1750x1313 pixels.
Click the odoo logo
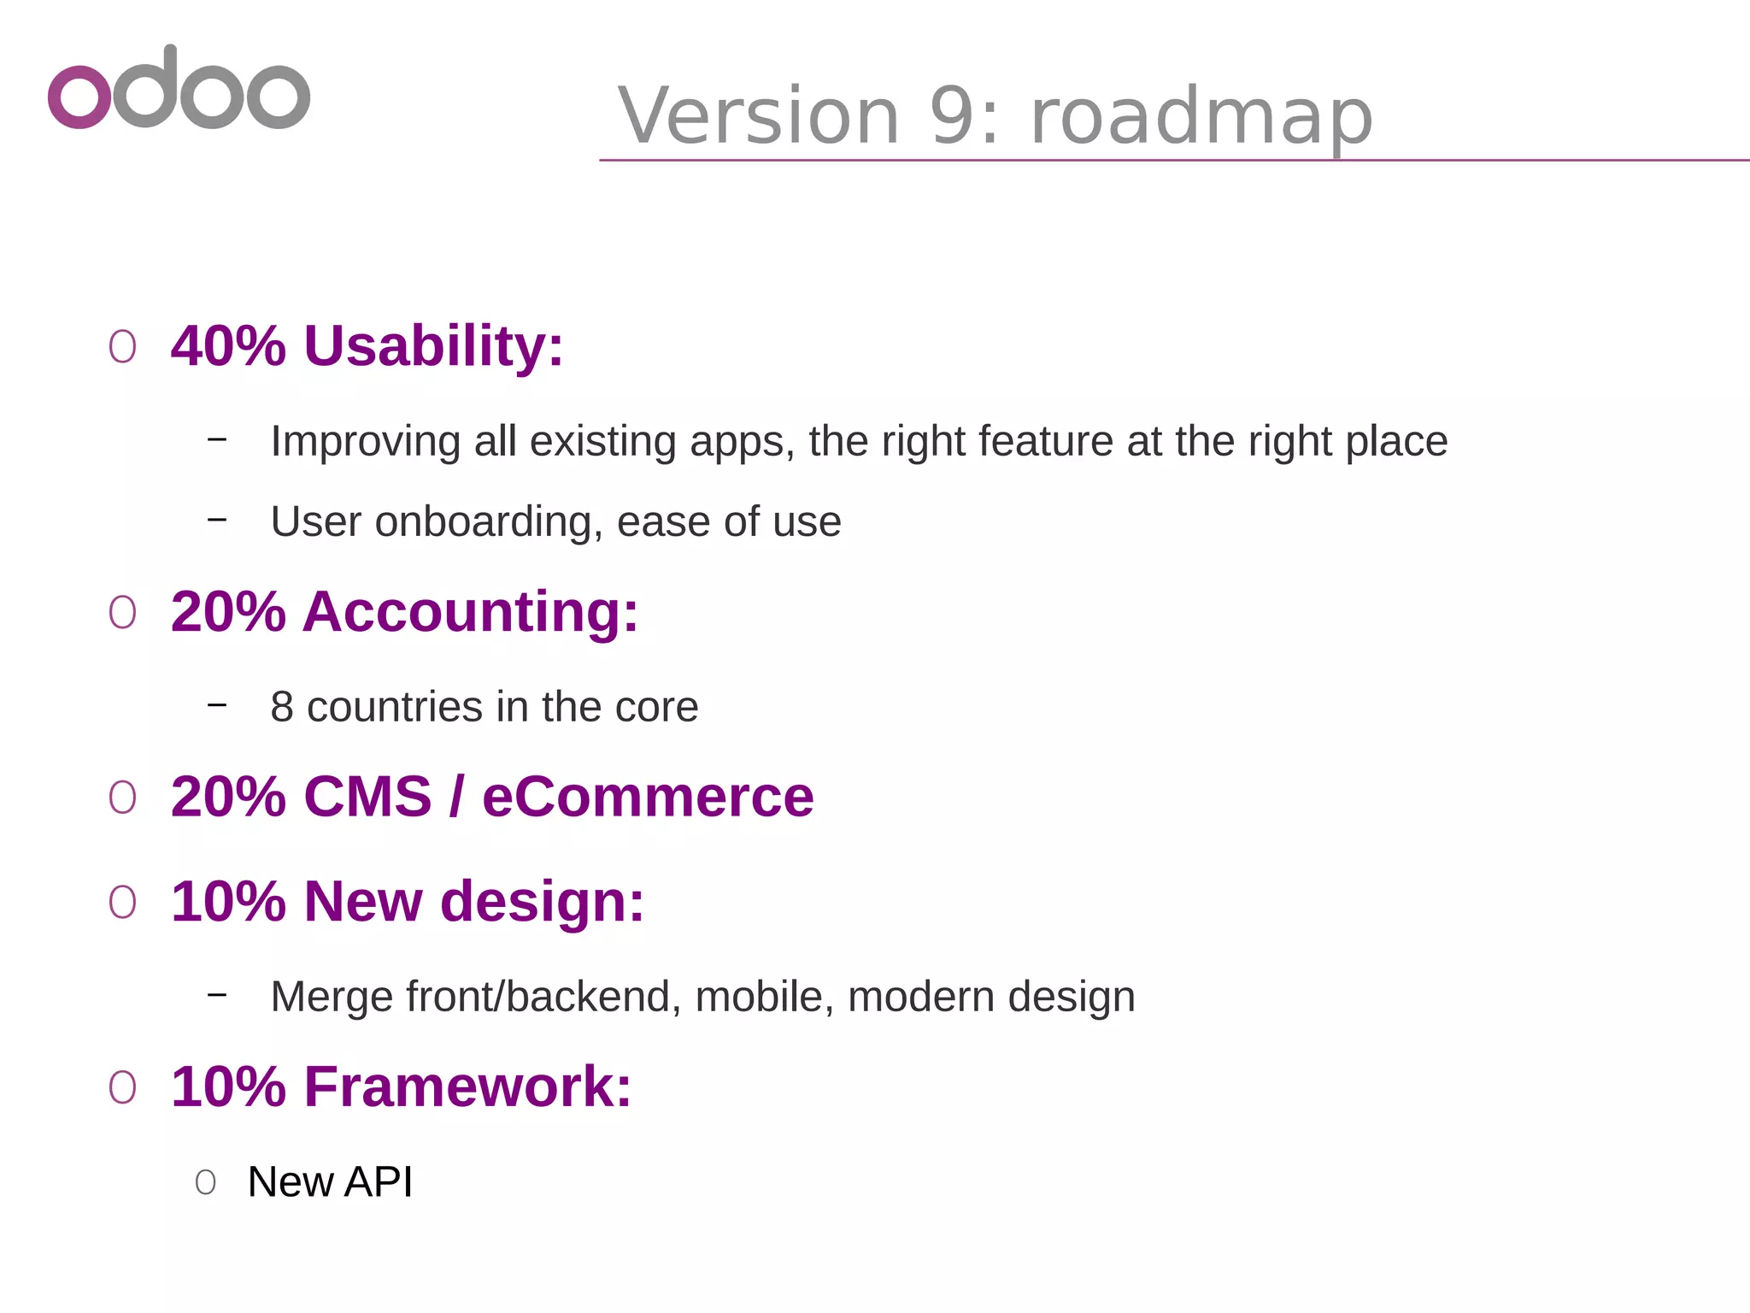point(179,88)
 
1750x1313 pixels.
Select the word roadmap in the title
point(1201,118)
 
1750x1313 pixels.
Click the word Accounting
point(470,612)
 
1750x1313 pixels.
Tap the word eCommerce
point(648,797)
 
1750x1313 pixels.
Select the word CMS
point(367,797)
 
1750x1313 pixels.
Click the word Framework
point(467,1087)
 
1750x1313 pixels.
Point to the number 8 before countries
point(282,707)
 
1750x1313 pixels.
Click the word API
point(379,1182)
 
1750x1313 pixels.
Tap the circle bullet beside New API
point(205,1183)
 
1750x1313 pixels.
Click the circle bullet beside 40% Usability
point(122,347)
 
